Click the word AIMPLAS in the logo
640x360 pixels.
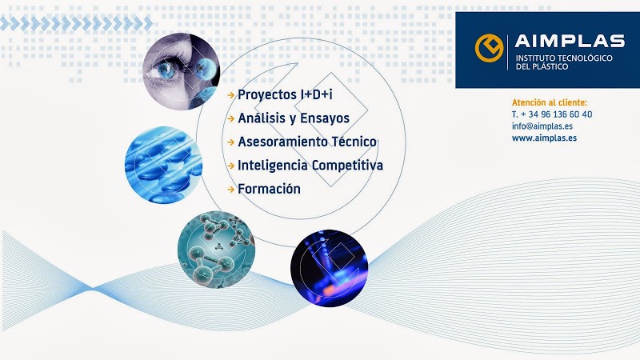click(x=570, y=41)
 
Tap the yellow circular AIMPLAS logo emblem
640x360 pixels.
click(x=489, y=48)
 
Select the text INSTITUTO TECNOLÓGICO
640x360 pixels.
click(x=564, y=58)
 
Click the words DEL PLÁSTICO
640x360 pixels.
click(x=542, y=66)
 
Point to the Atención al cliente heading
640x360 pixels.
click(x=550, y=102)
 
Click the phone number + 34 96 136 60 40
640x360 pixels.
click(x=556, y=114)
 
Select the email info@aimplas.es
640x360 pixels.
click(x=542, y=126)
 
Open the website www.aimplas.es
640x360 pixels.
click(x=545, y=138)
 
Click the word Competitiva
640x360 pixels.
click(x=347, y=166)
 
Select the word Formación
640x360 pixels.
click(x=269, y=189)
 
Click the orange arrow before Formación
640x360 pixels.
click(x=231, y=190)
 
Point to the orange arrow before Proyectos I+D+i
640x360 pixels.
click(x=231, y=95)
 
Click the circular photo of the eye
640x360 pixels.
click(x=182, y=71)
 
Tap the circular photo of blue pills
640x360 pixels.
click(x=164, y=165)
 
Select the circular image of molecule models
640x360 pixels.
click(x=216, y=250)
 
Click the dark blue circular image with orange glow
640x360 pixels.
click(x=330, y=268)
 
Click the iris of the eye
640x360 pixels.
click(x=166, y=70)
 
